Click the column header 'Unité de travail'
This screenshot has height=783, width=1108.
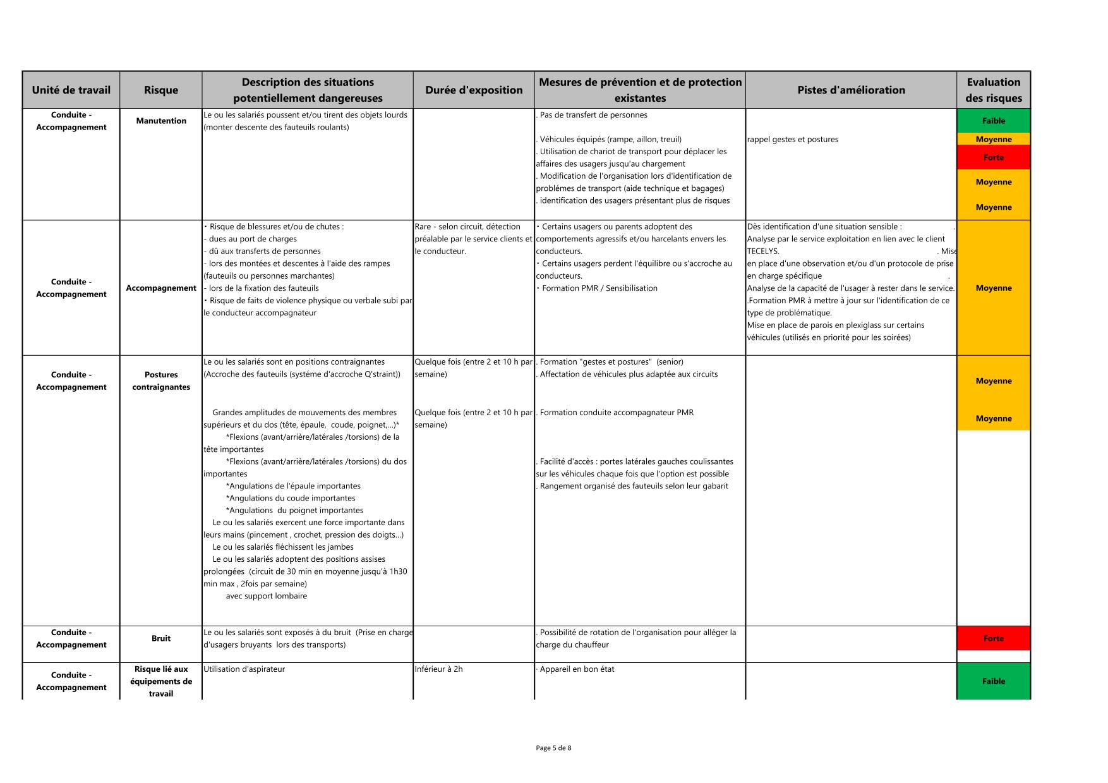coord(71,90)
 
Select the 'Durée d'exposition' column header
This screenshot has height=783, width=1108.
coord(474,90)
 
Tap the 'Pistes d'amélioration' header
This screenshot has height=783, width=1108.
coord(851,90)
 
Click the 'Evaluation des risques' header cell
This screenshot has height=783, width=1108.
coord(993,90)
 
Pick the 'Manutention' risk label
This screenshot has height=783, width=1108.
coord(161,121)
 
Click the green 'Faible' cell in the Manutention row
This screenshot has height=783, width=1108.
coord(993,121)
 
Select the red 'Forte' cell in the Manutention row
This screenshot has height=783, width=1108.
coord(993,157)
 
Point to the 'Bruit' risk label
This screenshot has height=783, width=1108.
coord(161,638)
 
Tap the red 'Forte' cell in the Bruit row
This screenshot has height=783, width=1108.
coord(993,638)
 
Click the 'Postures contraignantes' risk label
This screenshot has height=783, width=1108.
coord(161,380)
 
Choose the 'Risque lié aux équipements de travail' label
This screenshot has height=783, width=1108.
coord(161,681)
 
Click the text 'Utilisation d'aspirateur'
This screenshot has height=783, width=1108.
coord(244,669)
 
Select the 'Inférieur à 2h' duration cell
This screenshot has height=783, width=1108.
coord(438,669)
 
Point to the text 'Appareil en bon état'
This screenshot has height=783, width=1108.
coord(577,669)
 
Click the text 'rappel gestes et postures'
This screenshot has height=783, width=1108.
coord(792,140)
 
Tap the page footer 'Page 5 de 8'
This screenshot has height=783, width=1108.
coord(553,748)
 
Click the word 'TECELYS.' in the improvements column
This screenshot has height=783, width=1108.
coord(763,251)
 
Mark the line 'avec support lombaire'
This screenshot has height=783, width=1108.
coord(266,596)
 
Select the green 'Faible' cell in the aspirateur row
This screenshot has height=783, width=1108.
coord(993,681)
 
